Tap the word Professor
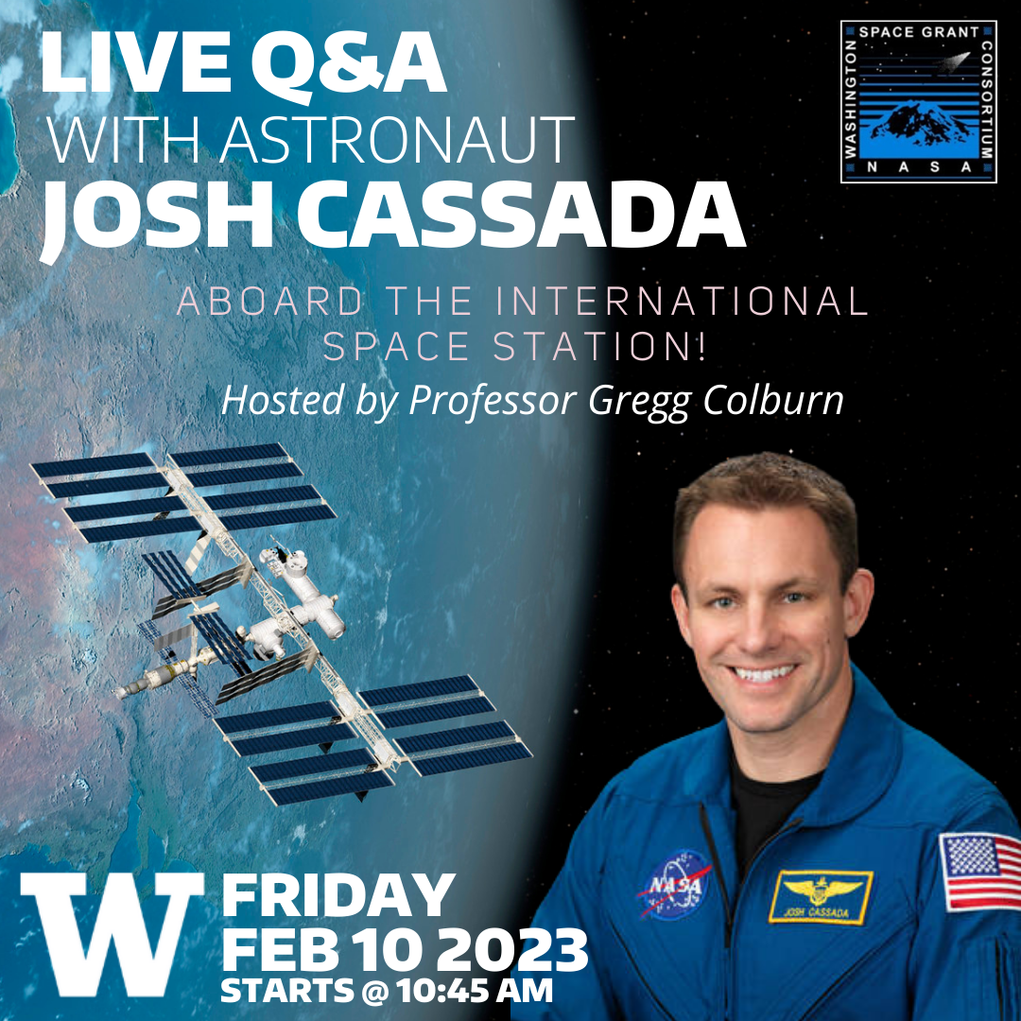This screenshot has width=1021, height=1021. [492, 399]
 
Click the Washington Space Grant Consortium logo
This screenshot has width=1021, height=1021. [918, 101]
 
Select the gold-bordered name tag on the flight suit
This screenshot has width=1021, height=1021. [819, 898]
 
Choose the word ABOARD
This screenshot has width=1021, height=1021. [269, 302]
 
